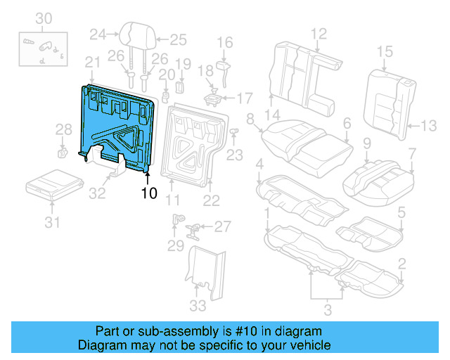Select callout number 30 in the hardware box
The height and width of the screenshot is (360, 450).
click(x=44, y=17)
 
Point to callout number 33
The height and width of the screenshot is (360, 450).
click(x=198, y=305)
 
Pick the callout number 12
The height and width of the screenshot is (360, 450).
click(x=319, y=32)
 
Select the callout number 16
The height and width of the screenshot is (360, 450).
click(x=224, y=43)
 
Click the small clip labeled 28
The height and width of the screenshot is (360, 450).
click(x=63, y=151)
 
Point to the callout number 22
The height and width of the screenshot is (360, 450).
click(x=212, y=201)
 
